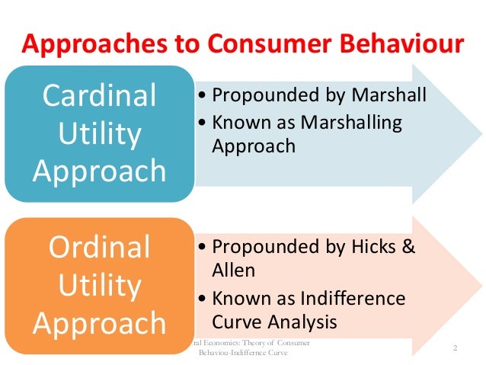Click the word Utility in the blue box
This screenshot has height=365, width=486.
[x=99, y=135]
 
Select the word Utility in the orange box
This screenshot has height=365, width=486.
[x=99, y=286]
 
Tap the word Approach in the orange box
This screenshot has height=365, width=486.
[x=99, y=322]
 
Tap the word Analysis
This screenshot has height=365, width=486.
[x=304, y=320]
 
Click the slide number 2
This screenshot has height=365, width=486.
[x=454, y=348]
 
